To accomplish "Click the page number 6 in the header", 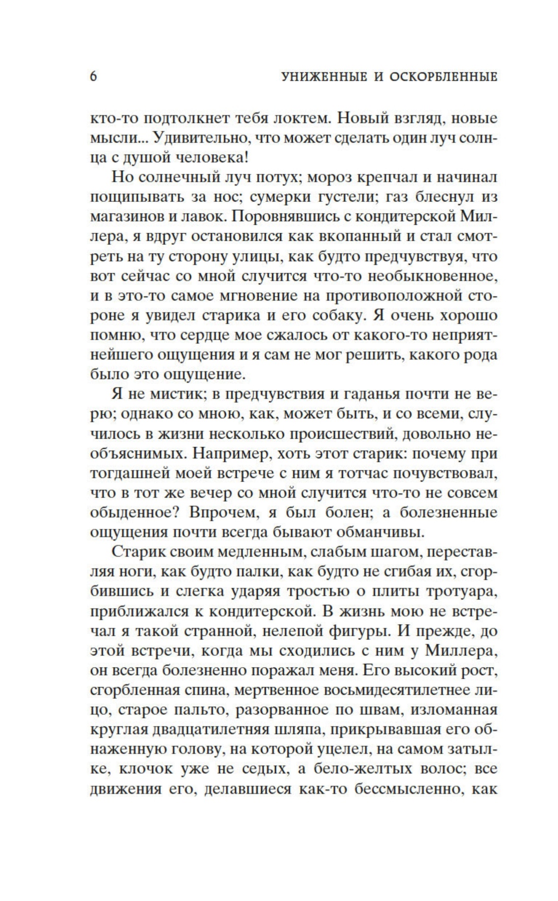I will (93, 77).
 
